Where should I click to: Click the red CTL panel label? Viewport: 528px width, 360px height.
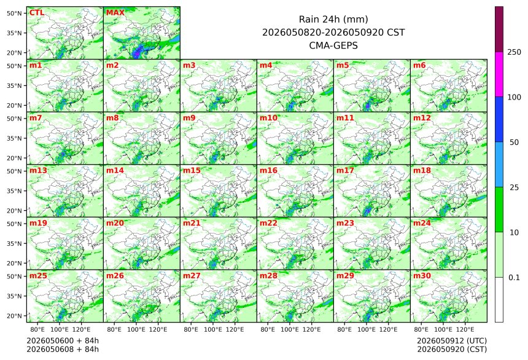[x=37, y=13]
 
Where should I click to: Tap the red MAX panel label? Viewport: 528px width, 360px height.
[x=115, y=13]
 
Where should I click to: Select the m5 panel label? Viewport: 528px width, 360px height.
[x=343, y=65]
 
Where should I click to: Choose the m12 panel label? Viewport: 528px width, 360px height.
[x=422, y=118]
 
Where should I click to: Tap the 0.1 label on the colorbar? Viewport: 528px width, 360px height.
[x=514, y=278]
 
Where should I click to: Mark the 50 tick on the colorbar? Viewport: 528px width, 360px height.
[x=514, y=143]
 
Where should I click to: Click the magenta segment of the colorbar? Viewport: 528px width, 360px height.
[x=499, y=74]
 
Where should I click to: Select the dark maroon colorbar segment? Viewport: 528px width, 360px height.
[x=499, y=29]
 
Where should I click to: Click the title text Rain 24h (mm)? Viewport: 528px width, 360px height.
[x=333, y=19]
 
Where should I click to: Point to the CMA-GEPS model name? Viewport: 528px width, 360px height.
[x=333, y=45]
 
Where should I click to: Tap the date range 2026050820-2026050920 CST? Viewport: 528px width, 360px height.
[x=333, y=33]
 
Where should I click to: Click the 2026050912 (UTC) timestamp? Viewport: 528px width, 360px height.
[x=452, y=341]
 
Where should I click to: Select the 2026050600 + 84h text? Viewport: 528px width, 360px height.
[x=63, y=341]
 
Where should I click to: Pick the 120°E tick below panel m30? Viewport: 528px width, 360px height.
[x=465, y=329]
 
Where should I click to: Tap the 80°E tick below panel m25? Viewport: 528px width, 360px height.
[x=37, y=329]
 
